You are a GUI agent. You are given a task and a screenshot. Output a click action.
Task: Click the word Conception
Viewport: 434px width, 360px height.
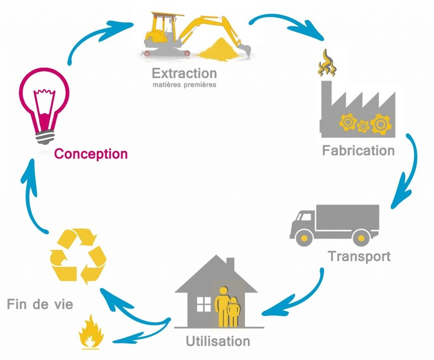(91, 153)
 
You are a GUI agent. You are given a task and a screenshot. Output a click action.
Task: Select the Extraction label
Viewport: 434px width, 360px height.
(184, 73)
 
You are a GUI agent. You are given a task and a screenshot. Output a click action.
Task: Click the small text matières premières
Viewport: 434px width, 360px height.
(184, 85)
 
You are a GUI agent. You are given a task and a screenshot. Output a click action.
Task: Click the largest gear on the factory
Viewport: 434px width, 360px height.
(379, 125)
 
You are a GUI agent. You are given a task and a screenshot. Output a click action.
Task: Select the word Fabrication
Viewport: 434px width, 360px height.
(358, 151)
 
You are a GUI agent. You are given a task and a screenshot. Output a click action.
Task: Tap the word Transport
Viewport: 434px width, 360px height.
(359, 257)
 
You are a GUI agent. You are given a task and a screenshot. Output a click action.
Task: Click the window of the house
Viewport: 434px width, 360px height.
(203, 304)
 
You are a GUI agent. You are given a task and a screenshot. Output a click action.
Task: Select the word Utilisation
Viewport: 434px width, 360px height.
(218, 341)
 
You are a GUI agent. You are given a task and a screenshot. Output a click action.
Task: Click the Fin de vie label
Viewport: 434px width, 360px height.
(40, 304)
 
